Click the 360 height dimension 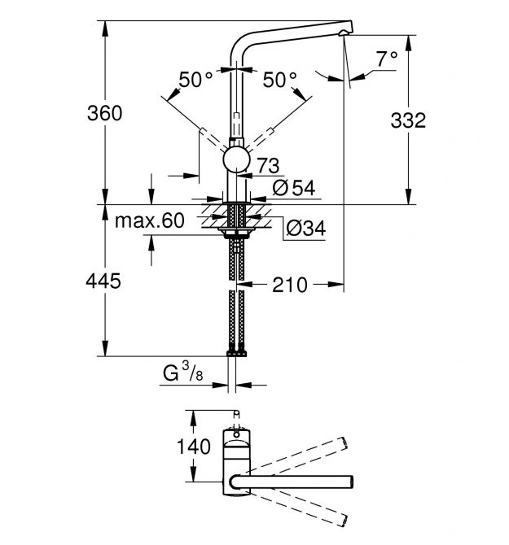(x=104, y=114)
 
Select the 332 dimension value (x=407, y=121)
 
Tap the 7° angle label (x=386, y=58)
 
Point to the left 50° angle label (x=196, y=81)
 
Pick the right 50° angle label (x=279, y=81)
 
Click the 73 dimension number (x=268, y=165)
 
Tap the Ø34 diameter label (x=305, y=229)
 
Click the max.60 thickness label (x=150, y=220)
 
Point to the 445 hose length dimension (x=104, y=281)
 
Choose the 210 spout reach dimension (x=290, y=284)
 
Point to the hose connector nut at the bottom (x=236, y=353)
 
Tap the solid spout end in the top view (x=349, y=479)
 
